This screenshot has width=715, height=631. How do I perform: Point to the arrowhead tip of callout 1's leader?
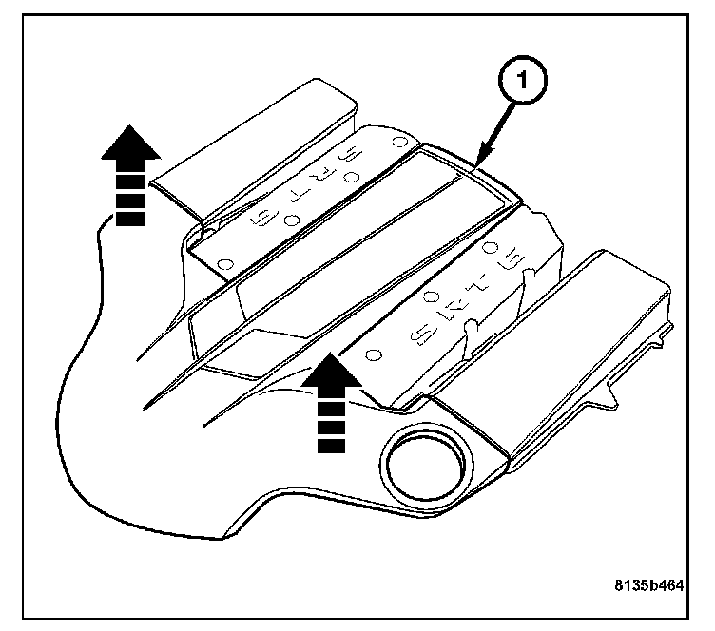475,164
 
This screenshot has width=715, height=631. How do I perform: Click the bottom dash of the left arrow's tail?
131,220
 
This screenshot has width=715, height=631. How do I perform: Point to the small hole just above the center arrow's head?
374,354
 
